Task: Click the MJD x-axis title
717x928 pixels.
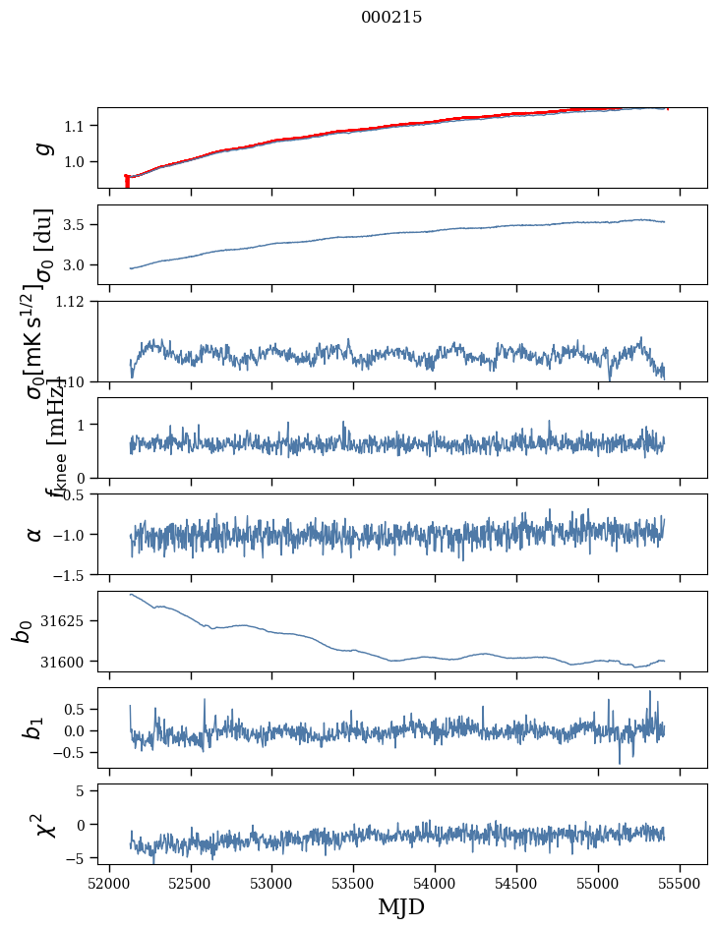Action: pyautogui.click(x=401, y=906)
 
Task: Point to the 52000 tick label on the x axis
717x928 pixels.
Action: pyautogui.click(x=109, y=882)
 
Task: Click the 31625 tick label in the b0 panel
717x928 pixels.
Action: pyautogui.click(x=69, y=621)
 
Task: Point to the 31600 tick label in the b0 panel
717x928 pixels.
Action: pyautogui.click(x=69, y=662)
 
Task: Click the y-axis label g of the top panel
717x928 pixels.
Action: pyautogui.click(x=42, y=148)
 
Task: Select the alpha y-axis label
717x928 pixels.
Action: pyautogui.click(x=35, y=534)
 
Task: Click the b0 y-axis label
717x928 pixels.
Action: pyautogui.click(x=22, y=631)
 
